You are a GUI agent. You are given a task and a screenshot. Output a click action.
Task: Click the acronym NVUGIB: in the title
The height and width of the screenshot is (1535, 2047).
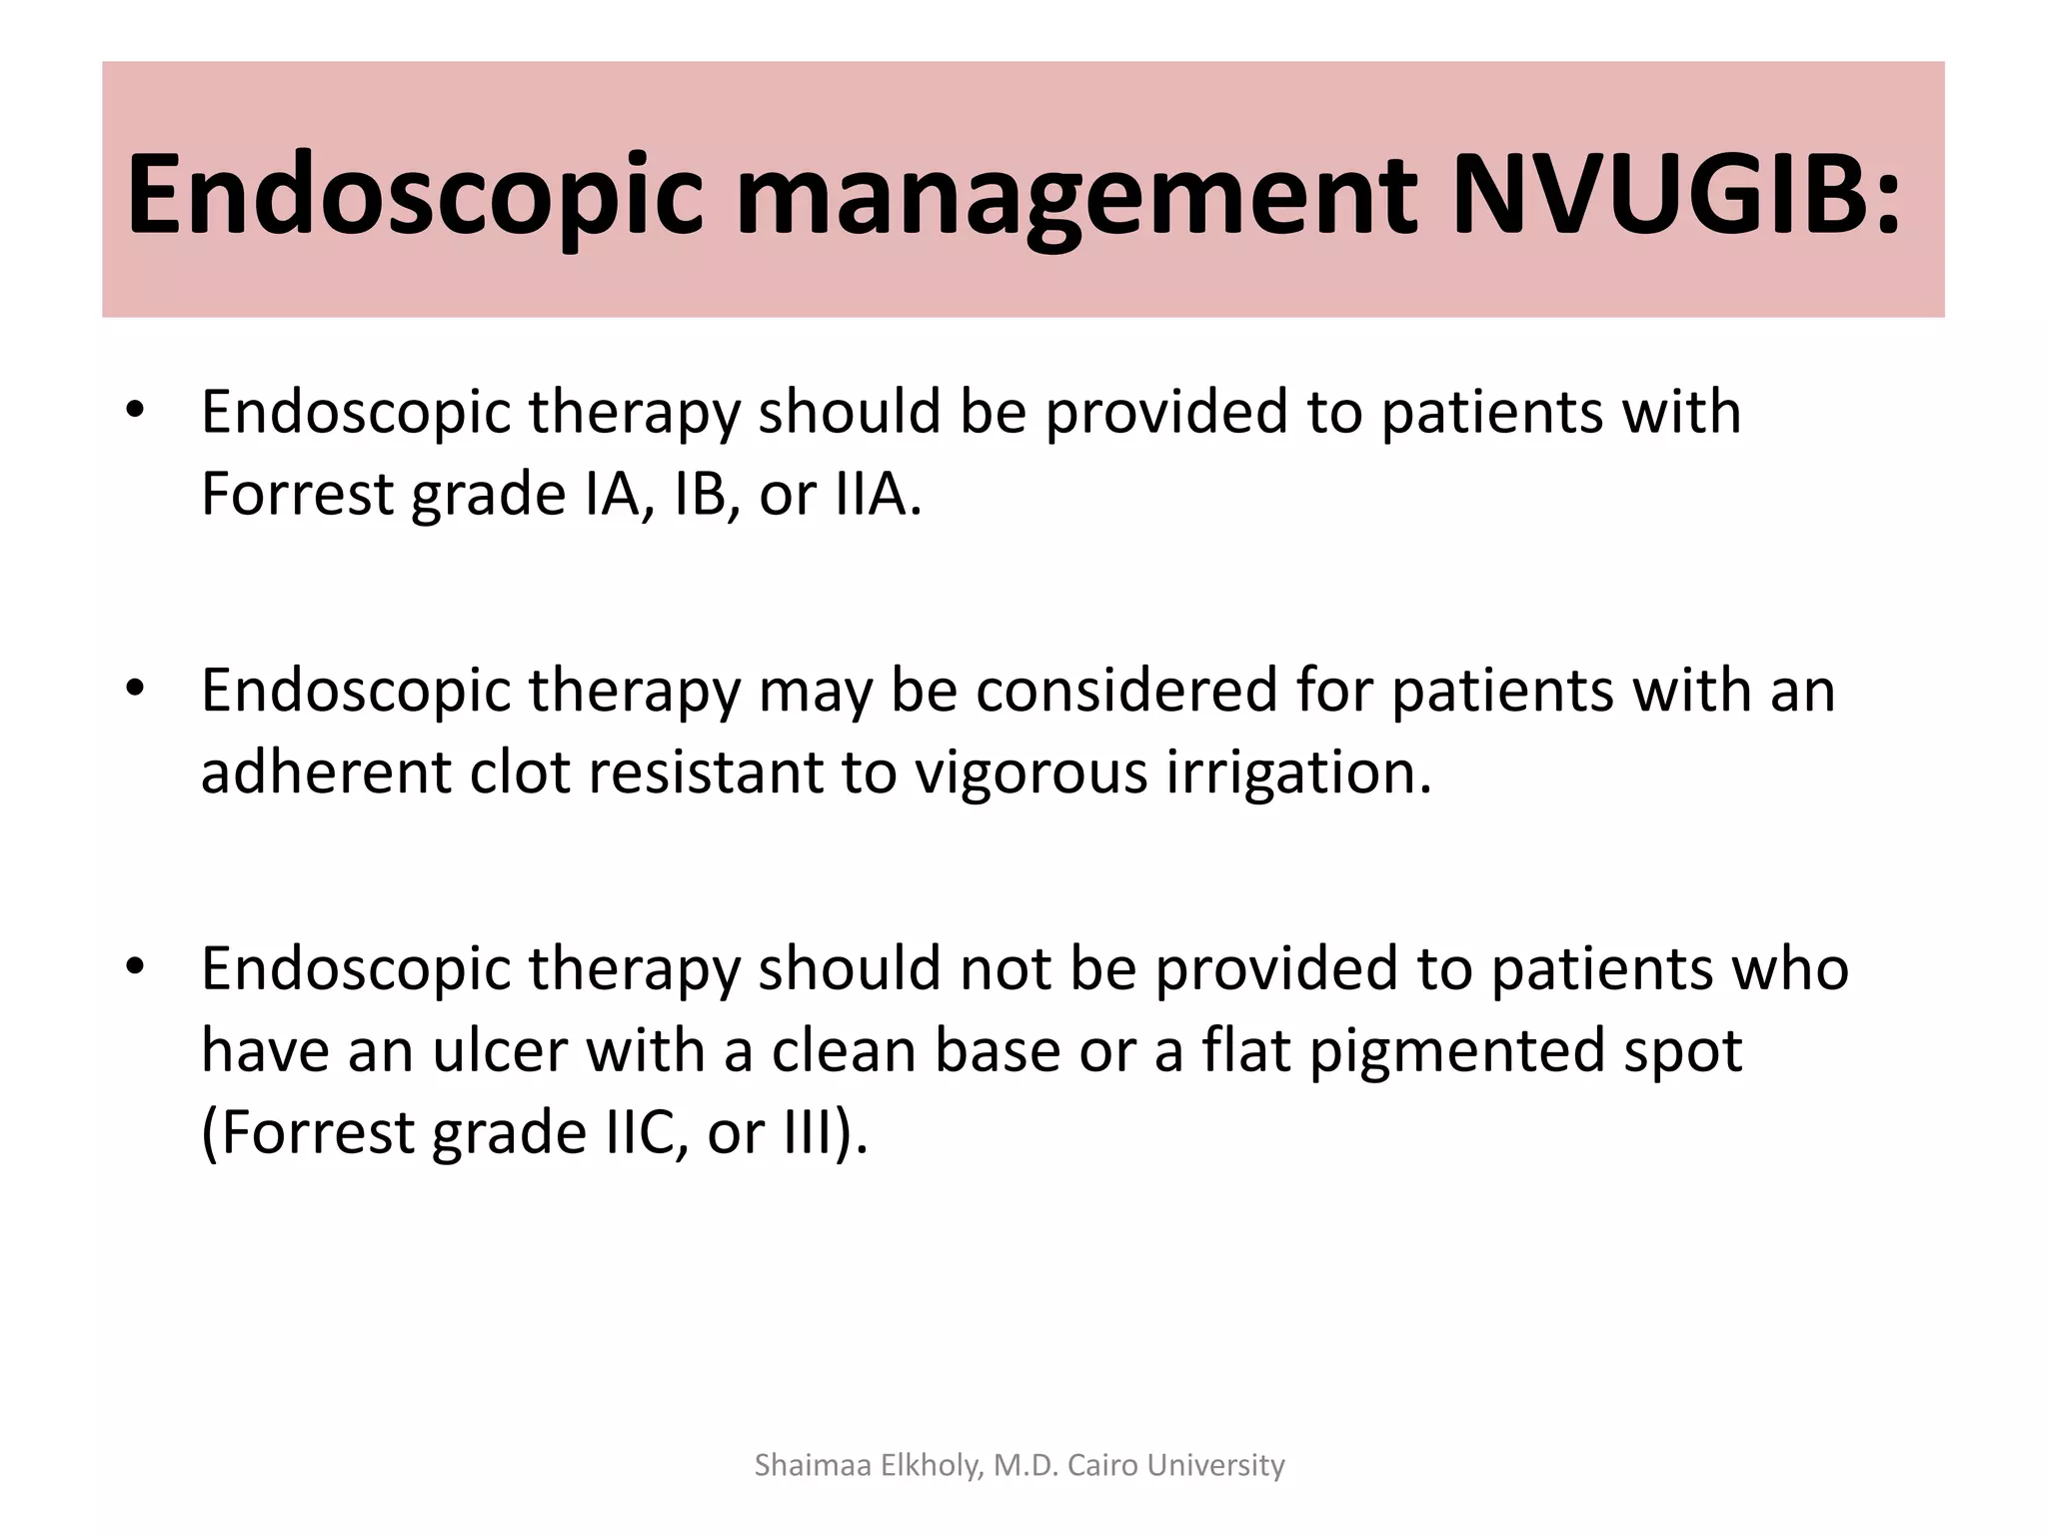point(1675,195)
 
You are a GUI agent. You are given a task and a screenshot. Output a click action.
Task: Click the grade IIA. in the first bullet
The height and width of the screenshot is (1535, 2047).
point(879,494)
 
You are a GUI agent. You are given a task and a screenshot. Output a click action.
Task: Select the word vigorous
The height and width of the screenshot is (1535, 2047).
point(1030,773)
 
